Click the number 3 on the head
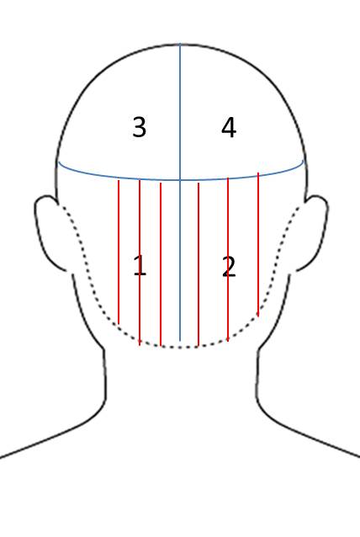pyautogui.click(x=140, y=127)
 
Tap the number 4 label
pyautogui.click(x=229, y=128)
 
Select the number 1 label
pyautogui.click(x=140, y=265)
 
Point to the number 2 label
pyautogui.click(x=229, y=267)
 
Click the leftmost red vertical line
pyautogui.click(x=119, y=252)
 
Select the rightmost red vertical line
pyautogui.click(x=258, y=244)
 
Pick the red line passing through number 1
pyautogui.click(x=140, y=263)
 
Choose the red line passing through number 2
pyautogui.click(x=228, y=259)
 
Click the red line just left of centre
pyautogui.click(x=161, y=264)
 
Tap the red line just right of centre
pyautogui.click(x=199, y=265)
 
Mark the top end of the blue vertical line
pyautogui.click(x=180, y=44)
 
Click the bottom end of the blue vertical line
pyautogui.click(x=180, y=341)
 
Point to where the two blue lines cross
pyautogui.click(x=180, y=180)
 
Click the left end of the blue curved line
pyautogui.click(x=59, y=162)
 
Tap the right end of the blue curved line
pyautogui.click(x=303, y=160)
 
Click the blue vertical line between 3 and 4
pyautogui.click(x=180, y=112)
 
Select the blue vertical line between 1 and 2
pyautogui.click(x=180, y=260)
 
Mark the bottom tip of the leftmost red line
pyautogui.click(x=119, y=324)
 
